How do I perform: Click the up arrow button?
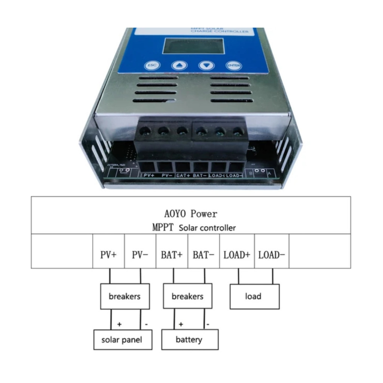pos(180,66)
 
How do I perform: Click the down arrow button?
pos(206,66)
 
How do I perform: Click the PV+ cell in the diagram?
pos(108,255)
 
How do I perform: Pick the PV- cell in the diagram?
pos(140,255)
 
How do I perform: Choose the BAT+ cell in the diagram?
pos(172,255)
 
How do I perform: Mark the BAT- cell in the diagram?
pos(203,255)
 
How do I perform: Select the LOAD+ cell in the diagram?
pos(237,255)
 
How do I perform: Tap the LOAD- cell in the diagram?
pos(272,255)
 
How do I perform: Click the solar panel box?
pos(123,340)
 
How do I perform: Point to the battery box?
pos(189,340)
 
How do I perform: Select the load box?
pos(254,297)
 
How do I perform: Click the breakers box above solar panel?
pos(125,297)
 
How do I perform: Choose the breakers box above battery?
pos(187,297)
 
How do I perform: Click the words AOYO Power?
pos(190,214)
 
